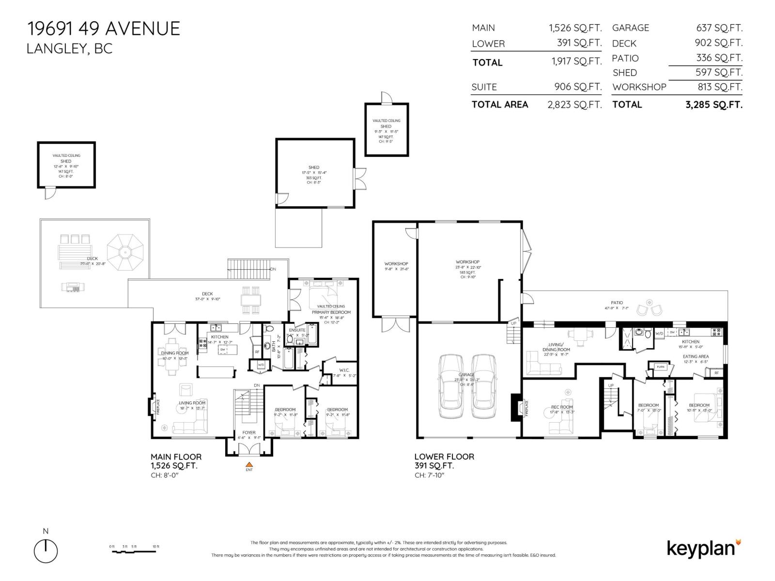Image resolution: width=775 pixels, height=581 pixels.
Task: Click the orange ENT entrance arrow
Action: pyautogui.click(x=249, y=465)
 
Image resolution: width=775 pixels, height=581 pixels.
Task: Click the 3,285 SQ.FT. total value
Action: pyautogui.click(x=713, y=105)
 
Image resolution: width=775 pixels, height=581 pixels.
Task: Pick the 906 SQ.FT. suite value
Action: pyautogui.click(x=578, y=87)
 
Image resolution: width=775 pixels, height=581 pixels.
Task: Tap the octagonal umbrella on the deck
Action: pyautogui.click(x=125, y=252)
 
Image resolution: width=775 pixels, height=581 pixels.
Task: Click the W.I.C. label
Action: pyautogui.click(x=344, y=370)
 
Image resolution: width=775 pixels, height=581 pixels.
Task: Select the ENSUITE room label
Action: pyautogui.click(x=297, y=330)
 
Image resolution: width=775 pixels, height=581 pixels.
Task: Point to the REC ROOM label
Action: pyautogui.click(x=561, y=407)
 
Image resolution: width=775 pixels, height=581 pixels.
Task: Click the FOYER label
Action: pyautogui.click(x=248, y=433)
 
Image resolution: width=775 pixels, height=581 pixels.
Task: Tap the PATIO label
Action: pyautogui.click(x=617, y=303)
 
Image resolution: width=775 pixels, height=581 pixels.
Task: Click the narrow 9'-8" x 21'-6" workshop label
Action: pyautogui.click(x=396, y=266)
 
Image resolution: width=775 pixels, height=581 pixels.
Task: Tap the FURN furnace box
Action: pyautogui.click(x=661, y=367)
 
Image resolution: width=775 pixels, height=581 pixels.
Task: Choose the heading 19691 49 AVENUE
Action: pyautogui.click(x=104, y=29)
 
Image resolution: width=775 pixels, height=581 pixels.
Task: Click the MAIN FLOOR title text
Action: pyautogui.click(x=176, y=457)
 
